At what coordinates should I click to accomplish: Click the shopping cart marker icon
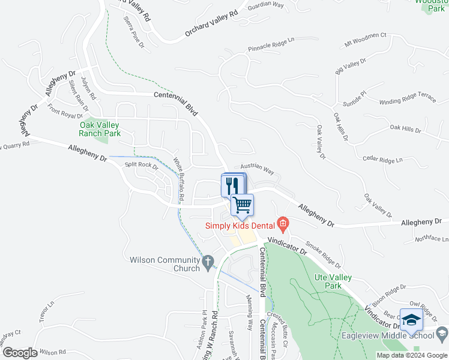(242, 205)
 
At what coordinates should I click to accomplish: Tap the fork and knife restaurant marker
(231, 185)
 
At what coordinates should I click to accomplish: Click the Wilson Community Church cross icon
(208, 262)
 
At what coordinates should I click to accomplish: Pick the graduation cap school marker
(411, 319)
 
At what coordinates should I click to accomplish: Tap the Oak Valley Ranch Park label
(100, 129)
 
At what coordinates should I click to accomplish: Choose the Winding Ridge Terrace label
(407, 98)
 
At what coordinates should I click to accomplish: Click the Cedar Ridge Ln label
(382, 160)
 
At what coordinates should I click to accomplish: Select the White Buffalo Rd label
(178, 178)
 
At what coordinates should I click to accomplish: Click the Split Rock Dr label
(140, 165)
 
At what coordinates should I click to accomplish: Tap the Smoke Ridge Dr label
(323, 254)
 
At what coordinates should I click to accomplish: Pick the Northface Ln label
(431, 239)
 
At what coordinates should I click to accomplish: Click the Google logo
(19, 353)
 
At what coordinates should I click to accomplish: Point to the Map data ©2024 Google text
(411, 355)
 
